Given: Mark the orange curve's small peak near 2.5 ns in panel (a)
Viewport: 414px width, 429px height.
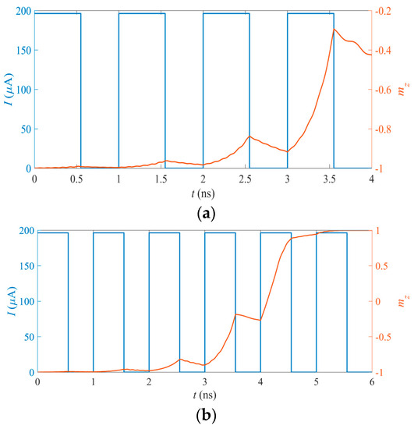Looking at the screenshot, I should (249, 137).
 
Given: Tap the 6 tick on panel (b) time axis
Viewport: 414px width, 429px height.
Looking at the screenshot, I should (372, 384).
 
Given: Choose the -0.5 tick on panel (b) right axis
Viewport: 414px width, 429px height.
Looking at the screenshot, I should (385, 337).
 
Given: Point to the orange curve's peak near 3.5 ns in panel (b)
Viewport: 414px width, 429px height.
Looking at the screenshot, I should (236, 314).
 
